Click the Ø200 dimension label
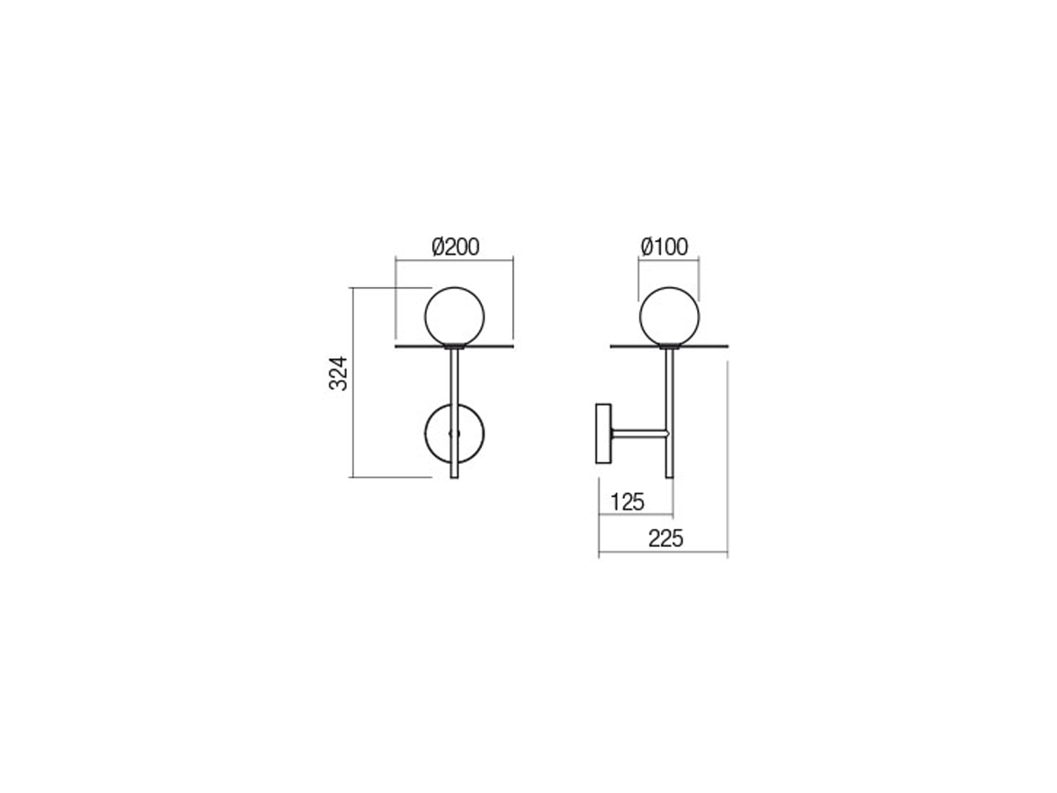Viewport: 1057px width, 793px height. click(x=455, y=246)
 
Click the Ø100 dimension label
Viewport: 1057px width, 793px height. click(x=664, y=246)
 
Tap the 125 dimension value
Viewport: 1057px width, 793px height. click(x=627, y=502)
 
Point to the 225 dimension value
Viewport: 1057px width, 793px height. click(x=665, y=539)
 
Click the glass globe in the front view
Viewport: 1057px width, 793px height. click(x=454, y=317)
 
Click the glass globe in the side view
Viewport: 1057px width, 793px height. click(x=669, y=317)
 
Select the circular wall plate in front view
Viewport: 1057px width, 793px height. click(x=425, y=434)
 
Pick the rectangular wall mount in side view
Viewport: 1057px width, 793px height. click(x=603, y=434)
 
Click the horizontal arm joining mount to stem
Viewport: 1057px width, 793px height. click(x=639, y=434)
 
